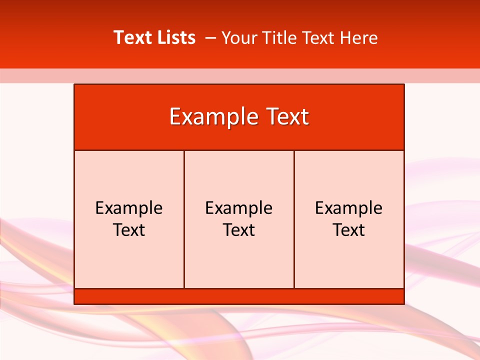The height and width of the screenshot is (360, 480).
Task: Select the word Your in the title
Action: pos(237,37)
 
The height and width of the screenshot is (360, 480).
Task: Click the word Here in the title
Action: pos(358,37)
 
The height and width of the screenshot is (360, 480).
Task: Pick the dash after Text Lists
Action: pos(210,38)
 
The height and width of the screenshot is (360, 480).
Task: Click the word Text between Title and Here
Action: pos(318,37)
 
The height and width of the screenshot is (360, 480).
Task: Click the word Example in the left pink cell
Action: pos(129,208)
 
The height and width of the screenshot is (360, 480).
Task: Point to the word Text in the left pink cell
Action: pos(129,230)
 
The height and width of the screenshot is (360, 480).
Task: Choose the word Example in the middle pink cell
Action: pos(239,208)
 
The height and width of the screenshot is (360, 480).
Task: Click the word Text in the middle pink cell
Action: pos(239,230)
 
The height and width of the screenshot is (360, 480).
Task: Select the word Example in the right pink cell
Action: pos(349,208)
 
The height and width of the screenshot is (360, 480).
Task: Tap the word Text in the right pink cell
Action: pos(349,230)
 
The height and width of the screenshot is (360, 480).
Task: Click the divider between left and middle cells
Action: pos(184,260)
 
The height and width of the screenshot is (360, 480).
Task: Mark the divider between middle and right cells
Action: pos(294,260)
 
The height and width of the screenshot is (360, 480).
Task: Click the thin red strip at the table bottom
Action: pos(239,296)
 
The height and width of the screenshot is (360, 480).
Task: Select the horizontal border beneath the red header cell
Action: pos(239,150)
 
